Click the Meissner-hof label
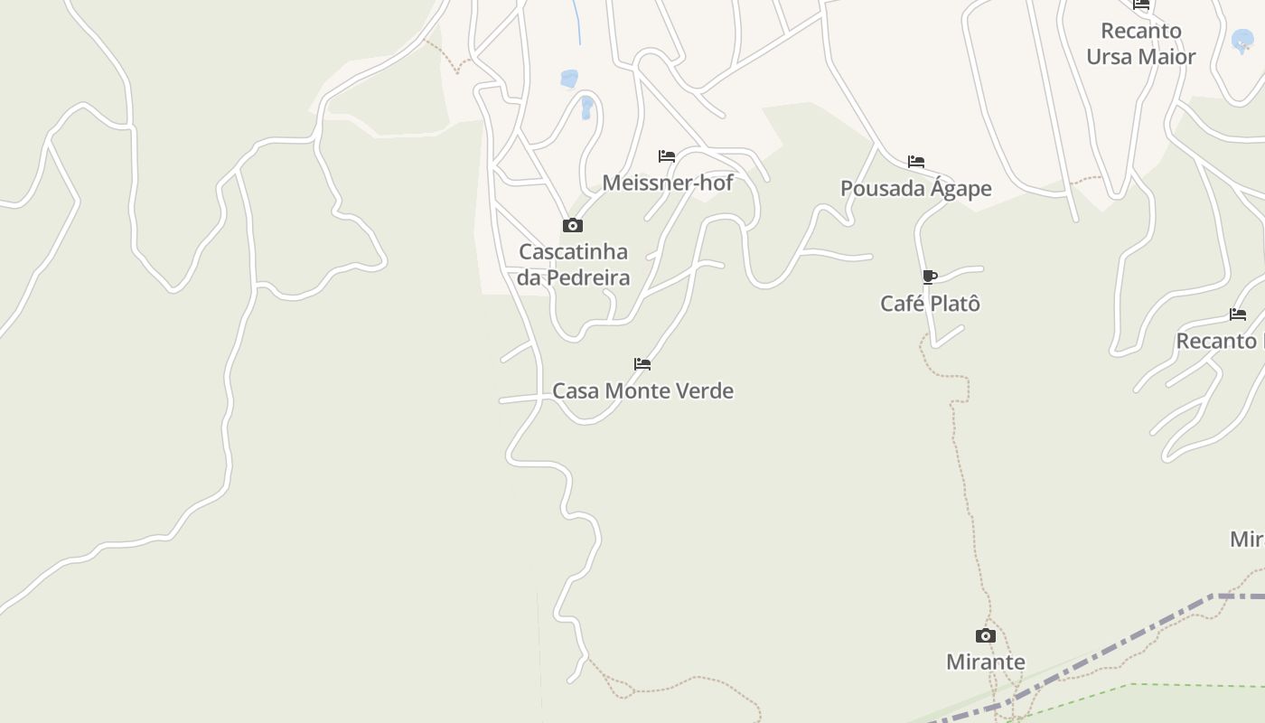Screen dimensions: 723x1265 (667, 183)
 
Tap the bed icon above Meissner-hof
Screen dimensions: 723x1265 (667, 156)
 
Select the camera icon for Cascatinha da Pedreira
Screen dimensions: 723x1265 (573, 225)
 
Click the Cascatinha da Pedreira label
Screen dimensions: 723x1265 (573, 264)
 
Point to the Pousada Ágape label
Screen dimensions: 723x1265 (915, 189)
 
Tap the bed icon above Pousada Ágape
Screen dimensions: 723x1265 (916, 163)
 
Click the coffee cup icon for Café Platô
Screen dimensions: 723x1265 (930, 277)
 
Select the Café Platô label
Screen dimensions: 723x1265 (930, 304)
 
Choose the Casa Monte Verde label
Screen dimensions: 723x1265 (642, 391)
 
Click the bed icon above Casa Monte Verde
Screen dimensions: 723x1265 (642, 364)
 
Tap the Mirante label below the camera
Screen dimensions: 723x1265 (985, 662)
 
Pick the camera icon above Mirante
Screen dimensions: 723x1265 (986, 636)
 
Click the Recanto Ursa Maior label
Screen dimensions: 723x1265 (1140, 43)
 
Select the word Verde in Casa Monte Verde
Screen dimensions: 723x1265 (707, 391)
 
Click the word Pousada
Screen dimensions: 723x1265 (879, 189)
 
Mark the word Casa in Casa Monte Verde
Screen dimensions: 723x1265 (575, 391)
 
